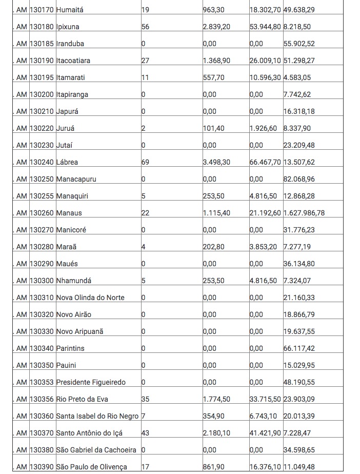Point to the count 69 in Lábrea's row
pyautogui.click(x=145, y=162)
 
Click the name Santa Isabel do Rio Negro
pyautogui.click(x=97, y=416)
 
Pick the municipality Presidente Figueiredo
pyautogui.click(x=91, y=382)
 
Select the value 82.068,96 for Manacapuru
pyautogui.click(x=299, y=179)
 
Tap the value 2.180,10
pyautogui.click(x=216, y=433)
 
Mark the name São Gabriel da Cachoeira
pyautogui.click(x=96, y=450)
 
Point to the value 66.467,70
pyautogui.click(x=265, y=162)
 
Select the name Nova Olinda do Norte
pyautogui.click(x=90, y=298)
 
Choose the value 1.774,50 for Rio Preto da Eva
pyautogui.click(x=216, y=399)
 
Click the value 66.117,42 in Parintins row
pyautogui.click(x=299, y=348)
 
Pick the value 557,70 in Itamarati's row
pyautogui.click(x=214, y=77)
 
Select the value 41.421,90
pyautogui.click(x=265, y=433)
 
